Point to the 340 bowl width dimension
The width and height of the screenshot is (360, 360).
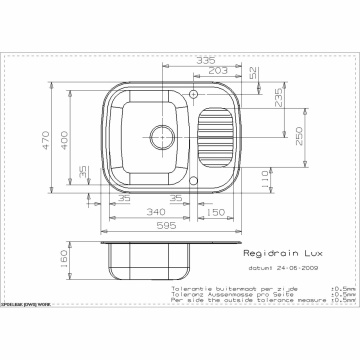click(x=155, y=213)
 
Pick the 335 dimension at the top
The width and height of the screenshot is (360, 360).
click(x=207, y=60)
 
